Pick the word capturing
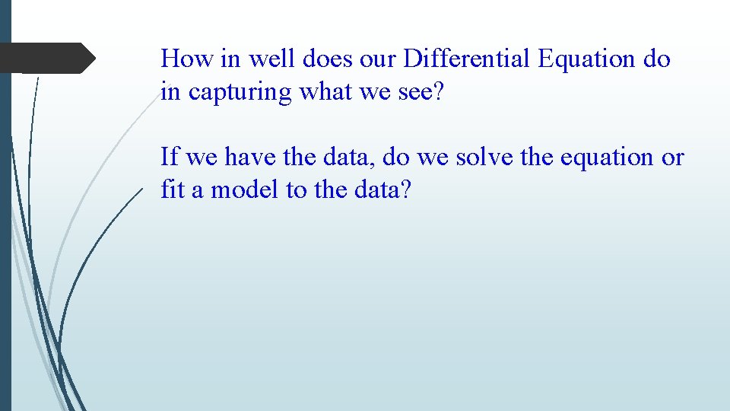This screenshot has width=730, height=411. click(240, 93)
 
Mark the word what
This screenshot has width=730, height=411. click(325, 91)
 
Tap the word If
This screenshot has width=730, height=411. click(170, 157)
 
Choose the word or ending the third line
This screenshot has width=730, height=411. click(673, 158)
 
